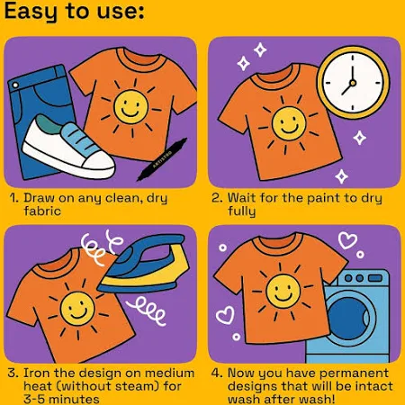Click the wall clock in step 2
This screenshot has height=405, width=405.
(x=354, y=83)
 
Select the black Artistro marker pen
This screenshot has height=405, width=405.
(x=162, y=159)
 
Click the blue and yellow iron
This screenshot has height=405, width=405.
(x=144, y=265)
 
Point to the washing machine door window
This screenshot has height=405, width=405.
(x=348, y=318)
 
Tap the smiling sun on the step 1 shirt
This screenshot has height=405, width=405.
(x=131, y=107)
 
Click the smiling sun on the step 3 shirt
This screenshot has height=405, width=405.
(x=77, y=309)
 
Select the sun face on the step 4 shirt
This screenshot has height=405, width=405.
(x=283, y=292)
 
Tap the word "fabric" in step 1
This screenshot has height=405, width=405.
(x=42, y=211)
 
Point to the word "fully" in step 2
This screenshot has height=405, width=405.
(x=241, y=211)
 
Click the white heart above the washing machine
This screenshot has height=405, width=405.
(x=347, y=240)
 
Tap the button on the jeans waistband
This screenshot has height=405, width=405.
(x=15, y=85)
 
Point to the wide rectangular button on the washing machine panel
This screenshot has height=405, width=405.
(x=375, y=278)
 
